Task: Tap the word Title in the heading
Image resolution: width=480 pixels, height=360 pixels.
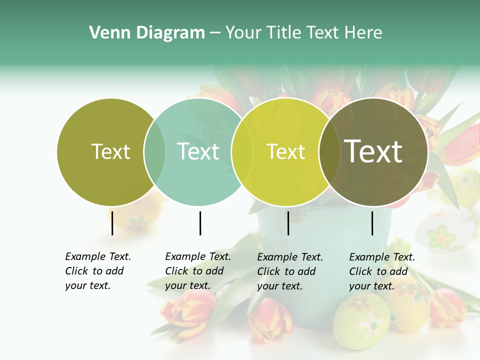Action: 284,33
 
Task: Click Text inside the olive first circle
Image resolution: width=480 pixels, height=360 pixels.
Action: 110,151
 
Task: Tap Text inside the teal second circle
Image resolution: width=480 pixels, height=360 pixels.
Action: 198,151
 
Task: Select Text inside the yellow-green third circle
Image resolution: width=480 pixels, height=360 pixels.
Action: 285,151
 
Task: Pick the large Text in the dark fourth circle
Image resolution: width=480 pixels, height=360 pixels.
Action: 373,151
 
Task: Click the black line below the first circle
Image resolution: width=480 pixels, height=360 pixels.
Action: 112,223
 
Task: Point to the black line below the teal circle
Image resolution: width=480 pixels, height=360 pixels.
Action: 200,223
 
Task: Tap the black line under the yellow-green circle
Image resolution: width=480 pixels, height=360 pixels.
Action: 288,223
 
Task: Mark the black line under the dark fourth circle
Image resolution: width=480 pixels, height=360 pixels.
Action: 372,223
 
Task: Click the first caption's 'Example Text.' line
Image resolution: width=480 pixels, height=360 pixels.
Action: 98,256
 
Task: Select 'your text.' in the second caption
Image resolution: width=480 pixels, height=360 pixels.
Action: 187,285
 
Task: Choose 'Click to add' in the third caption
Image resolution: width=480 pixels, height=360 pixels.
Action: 286,271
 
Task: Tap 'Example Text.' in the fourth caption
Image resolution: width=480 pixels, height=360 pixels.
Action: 382,257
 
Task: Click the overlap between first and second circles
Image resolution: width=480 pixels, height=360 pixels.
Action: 154,151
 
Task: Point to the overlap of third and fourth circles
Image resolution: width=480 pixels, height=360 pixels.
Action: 329,151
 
